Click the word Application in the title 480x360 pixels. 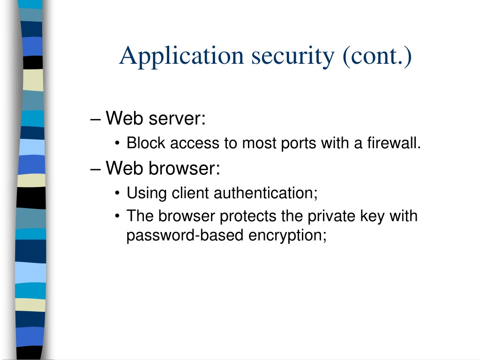pyautogui.click(x=181, y=57)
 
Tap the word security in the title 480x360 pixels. pyautogui.click(x=292, y=57)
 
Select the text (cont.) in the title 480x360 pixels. pyautogui.click(x=377, y=57)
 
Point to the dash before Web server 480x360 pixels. pyautogui.click(x=96, y=119)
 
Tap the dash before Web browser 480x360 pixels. pyautogui.click(x=96, y=169)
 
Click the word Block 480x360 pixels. pyautogui.click(x=146, y=143)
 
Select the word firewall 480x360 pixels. pyautogui.click(x=394, y=143)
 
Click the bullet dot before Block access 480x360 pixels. pyautogui.click(x=118, y=143)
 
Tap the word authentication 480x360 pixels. pyautogui.click(x=265, y=193)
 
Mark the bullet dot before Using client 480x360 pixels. pyautogui.click(x=118, y=194)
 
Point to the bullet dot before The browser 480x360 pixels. pyautogui.click(x=118, y=216)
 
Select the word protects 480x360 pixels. pyautogui.click(x=248, y=217)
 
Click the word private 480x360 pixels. pyautogui.click(x=331, y=217)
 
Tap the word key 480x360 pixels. pyautogui.click(x=372, y=217)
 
